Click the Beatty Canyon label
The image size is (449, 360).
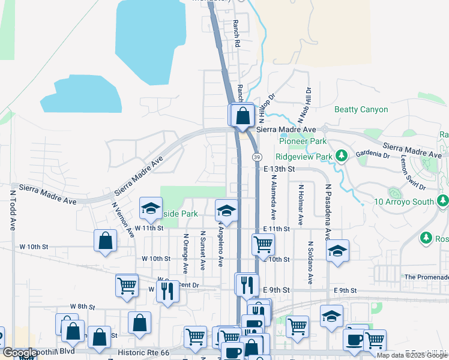361,109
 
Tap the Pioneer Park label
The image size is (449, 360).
303,141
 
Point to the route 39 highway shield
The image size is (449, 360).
257,157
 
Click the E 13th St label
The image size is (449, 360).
279,170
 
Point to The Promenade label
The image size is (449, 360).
426,277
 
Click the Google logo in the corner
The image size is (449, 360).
20,352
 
